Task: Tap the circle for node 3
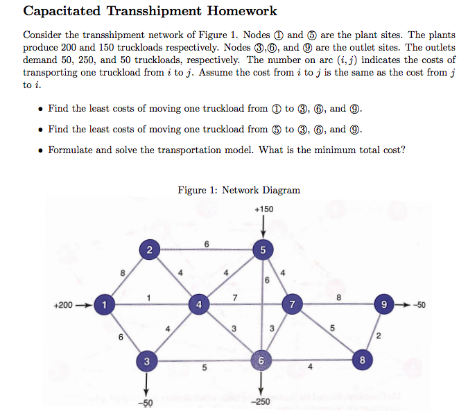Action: tap(146, 361)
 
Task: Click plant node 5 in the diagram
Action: tap(263, 250)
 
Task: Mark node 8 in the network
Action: tap(362, 360)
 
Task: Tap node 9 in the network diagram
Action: tap(382, 304)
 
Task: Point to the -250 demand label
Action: tap(261, 403)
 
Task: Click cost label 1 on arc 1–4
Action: tap(149, 298)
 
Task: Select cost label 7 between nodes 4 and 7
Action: tap(236, 298)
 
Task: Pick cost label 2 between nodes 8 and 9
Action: tap(379, 336)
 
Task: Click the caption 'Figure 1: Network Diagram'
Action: tap(239, 190)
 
